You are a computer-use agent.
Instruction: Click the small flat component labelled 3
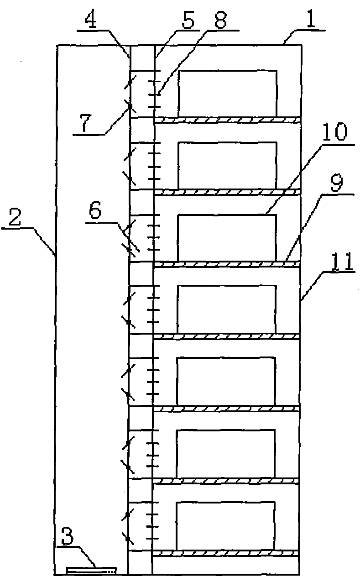coord(91,570)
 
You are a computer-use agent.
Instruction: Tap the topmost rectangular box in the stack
coord(227,93)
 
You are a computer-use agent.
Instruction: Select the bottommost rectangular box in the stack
coord(225,525)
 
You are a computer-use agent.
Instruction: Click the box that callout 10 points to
coord(226,237)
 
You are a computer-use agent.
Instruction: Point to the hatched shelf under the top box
coord(227,120)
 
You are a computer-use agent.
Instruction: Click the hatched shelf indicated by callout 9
coord(227,264)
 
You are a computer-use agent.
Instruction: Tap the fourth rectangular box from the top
coord(226,309)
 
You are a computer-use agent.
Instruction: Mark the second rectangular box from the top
coord(227,165)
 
